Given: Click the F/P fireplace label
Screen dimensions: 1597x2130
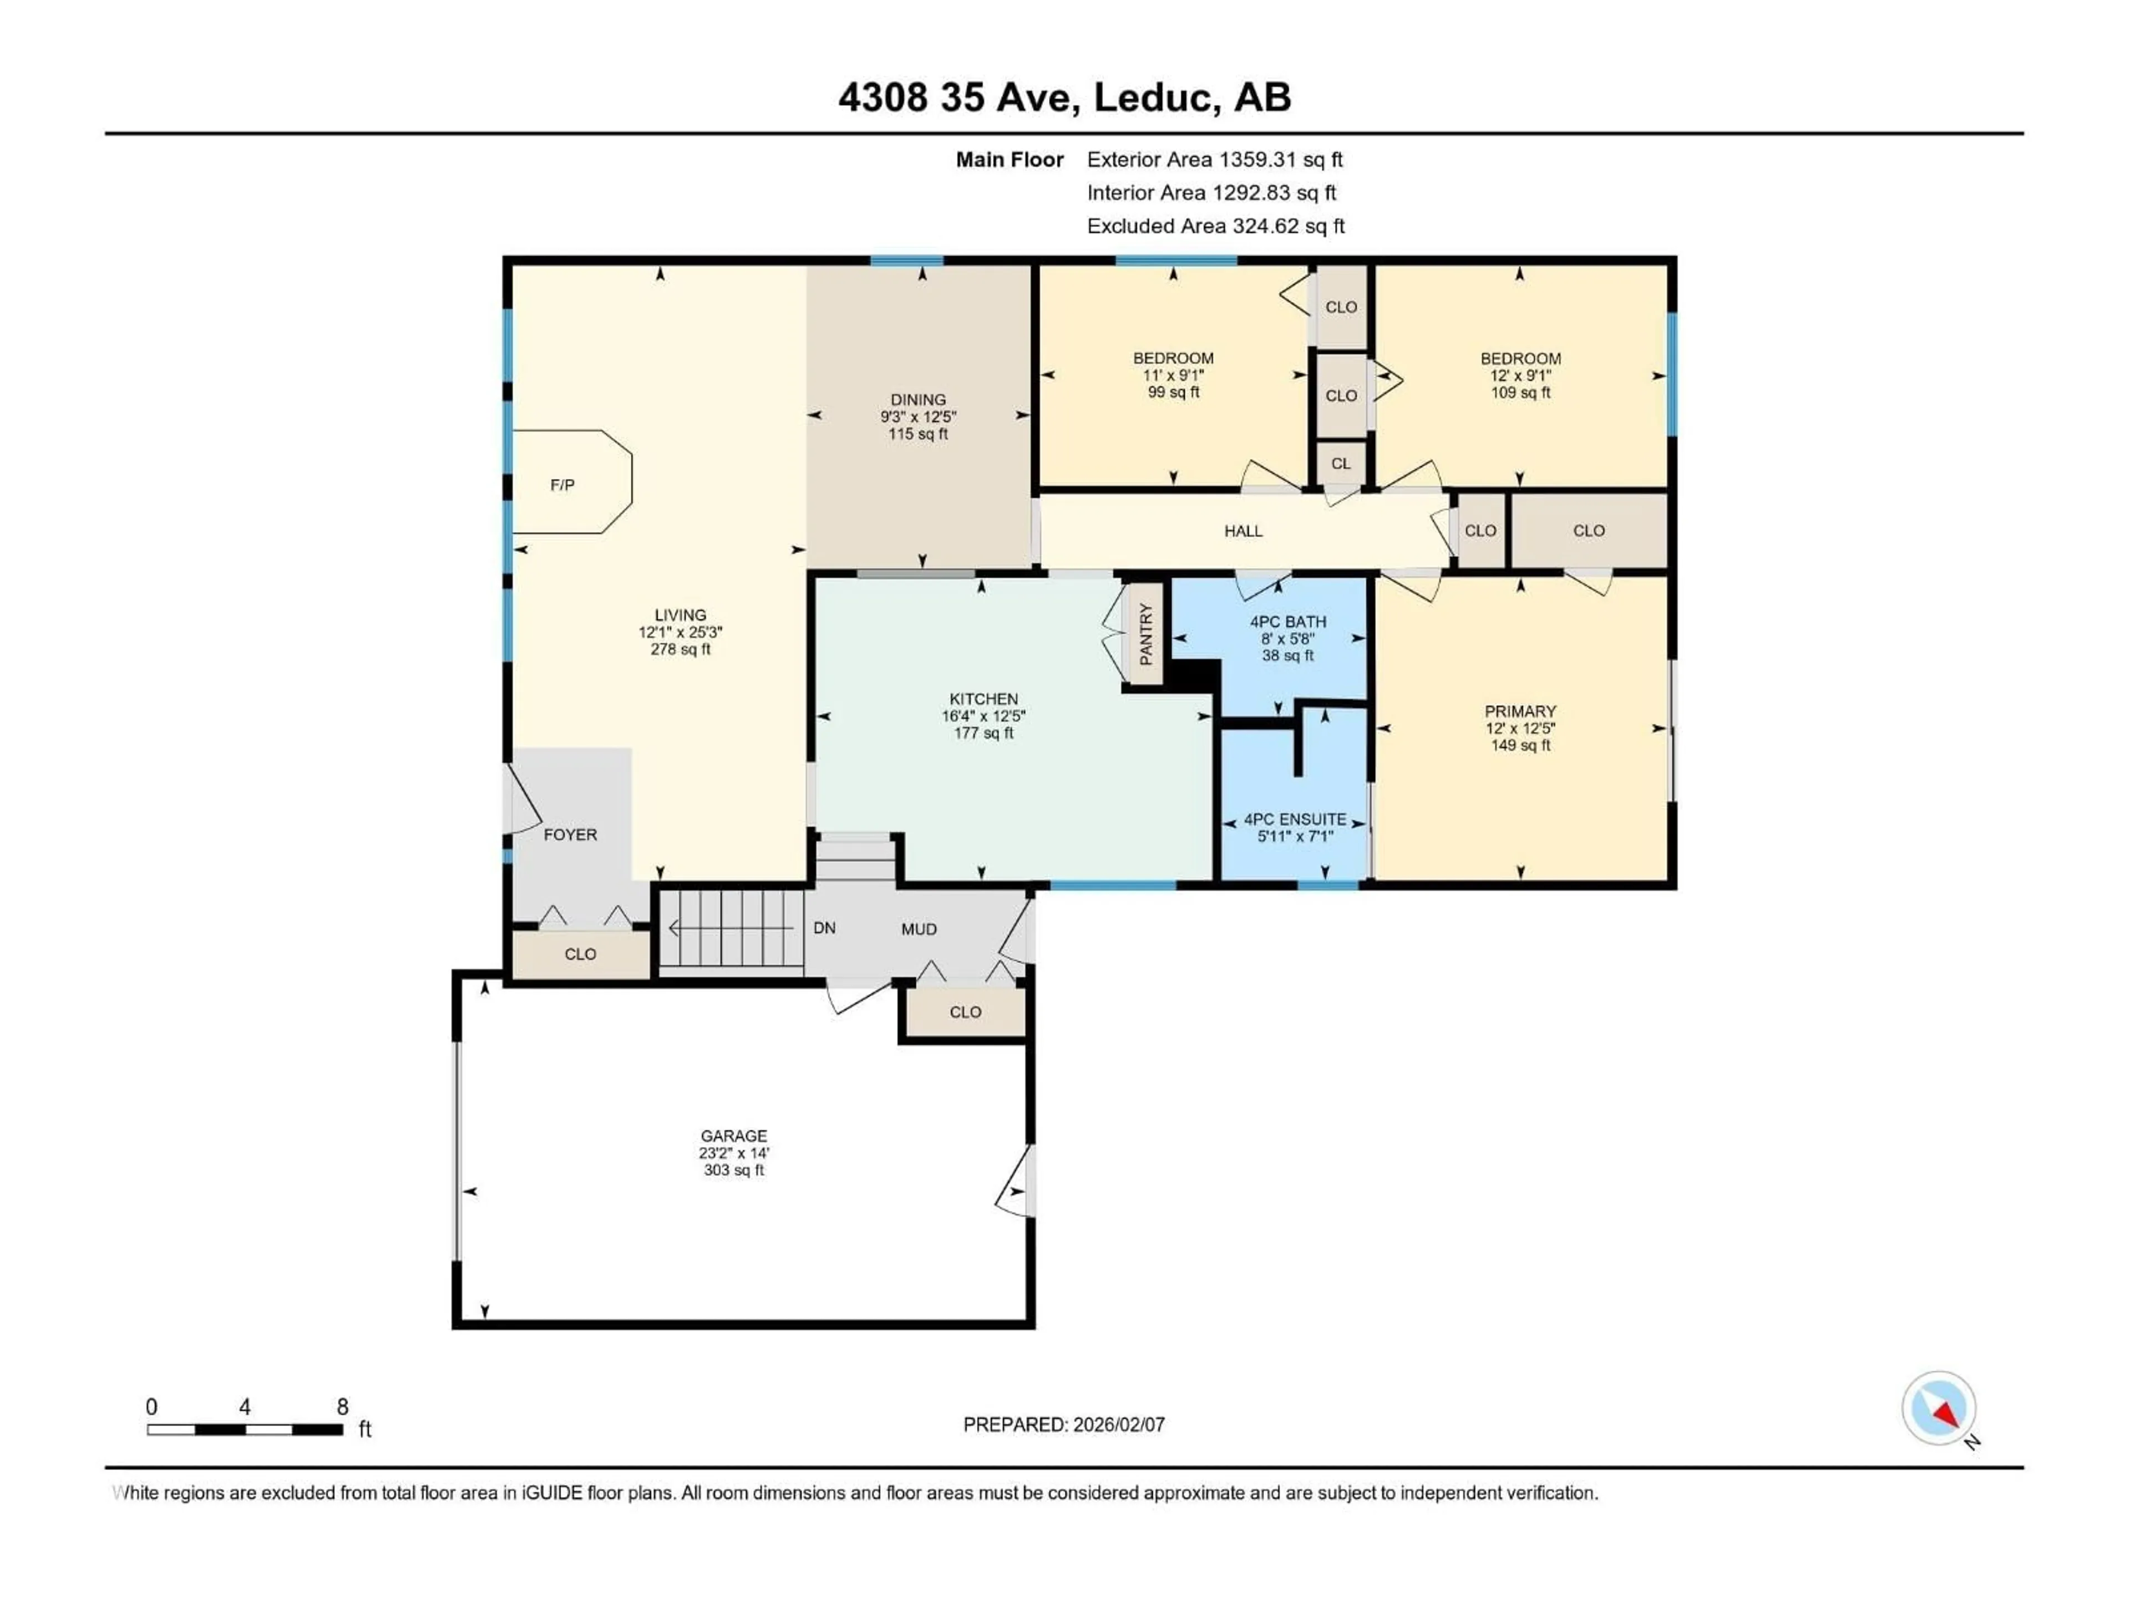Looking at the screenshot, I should tap(562, 485).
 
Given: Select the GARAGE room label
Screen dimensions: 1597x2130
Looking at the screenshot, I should tap(734, 1136).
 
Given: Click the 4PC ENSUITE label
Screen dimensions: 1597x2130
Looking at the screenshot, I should tap(1295, 819).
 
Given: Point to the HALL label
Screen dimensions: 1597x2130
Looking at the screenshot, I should tap(1243, 531).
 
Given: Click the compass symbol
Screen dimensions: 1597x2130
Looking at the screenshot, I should tap(1939, 1409).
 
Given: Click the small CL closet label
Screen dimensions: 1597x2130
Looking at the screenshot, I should tap(1340, 464).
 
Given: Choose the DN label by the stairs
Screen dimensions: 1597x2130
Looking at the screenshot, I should tap(824, 928).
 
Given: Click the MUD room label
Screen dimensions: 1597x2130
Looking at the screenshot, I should tap(919, 929).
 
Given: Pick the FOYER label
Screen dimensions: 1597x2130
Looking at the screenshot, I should tap(570, 835).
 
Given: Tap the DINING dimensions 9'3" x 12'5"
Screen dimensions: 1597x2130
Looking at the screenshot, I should tap(917, 417).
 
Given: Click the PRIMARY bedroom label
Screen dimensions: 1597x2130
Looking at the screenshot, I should tap(1519, 711).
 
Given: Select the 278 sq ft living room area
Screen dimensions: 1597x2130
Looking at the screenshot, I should tap(680, 650).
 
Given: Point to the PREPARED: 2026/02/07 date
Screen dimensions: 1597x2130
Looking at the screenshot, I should tap(1064, 1425).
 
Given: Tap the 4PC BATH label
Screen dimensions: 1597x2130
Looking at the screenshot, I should tap(1287, 622).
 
